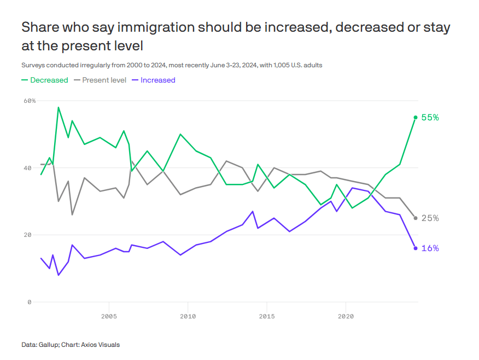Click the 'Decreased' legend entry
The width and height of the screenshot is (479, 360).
45,80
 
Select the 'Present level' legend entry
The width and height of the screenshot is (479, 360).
104,80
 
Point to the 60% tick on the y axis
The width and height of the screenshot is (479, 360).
30,101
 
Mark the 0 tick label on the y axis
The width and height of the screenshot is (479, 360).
30,302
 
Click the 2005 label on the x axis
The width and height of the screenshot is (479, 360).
109,316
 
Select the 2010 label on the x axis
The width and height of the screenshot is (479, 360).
188,316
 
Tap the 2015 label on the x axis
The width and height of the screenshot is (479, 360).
267,316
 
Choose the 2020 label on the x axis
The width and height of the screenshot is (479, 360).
346,316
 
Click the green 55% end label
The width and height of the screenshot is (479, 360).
430,118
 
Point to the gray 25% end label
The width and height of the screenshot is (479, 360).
430,218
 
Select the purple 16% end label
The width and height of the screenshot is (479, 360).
430,248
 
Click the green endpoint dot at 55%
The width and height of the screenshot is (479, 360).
416,118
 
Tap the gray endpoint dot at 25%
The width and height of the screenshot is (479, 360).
416,218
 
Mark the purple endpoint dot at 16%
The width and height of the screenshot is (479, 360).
416,248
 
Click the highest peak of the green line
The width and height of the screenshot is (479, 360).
58,107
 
